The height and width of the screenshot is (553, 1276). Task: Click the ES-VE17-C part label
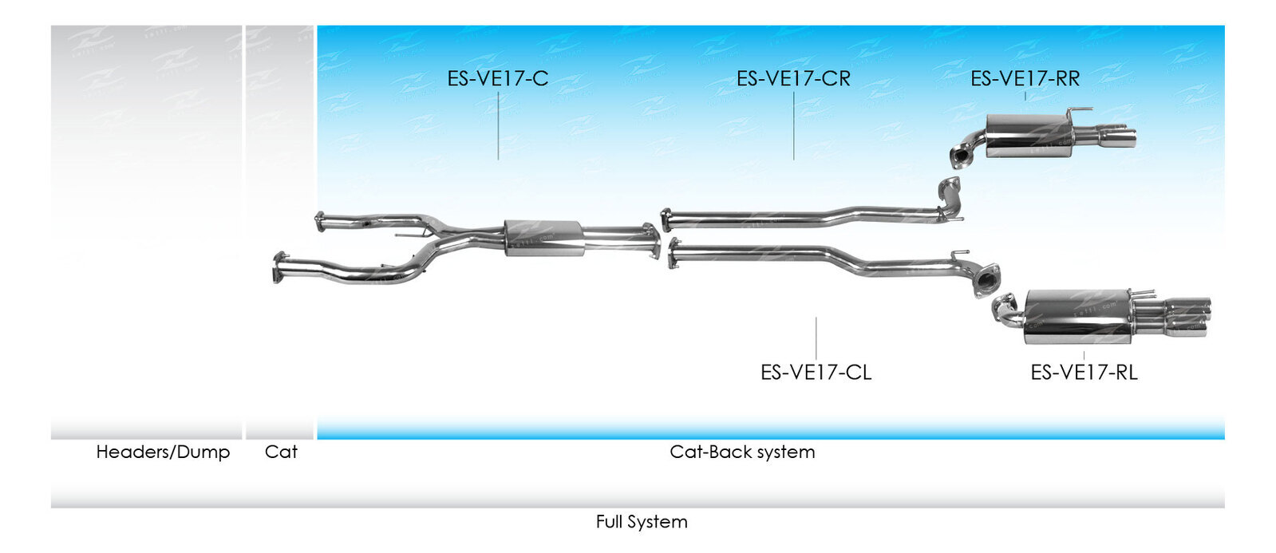497,78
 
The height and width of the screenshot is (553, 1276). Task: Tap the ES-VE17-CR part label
793,78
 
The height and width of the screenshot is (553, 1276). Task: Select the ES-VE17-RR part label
1025,78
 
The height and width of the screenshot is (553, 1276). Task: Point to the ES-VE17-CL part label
816,372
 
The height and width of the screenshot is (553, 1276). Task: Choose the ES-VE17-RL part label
1084,372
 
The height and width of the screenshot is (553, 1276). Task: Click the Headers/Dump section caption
163,452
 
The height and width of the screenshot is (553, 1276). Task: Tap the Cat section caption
281,452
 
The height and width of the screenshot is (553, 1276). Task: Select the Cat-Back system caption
742,452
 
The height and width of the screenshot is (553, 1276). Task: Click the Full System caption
642,522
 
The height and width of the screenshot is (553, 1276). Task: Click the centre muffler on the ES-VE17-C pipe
543,238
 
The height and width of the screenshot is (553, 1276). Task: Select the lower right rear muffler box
1078,317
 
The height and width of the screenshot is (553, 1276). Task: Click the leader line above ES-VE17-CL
816,338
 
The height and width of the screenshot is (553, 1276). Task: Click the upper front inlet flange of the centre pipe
320,221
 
